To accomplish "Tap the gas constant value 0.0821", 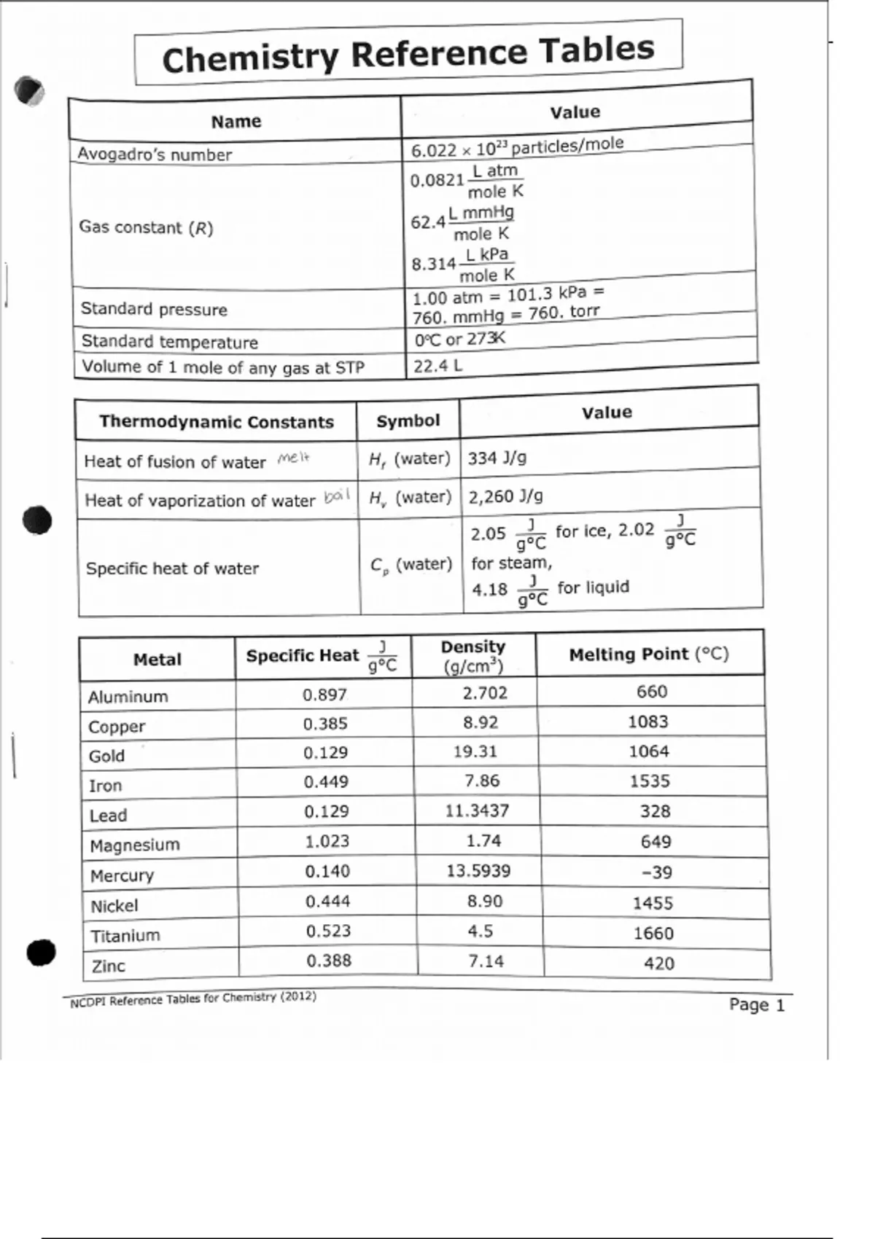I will pos(437,180).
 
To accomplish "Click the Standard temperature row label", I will pos(169,342).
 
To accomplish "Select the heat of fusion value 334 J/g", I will pos(497,458).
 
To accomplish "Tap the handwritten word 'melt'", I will pos(293,458).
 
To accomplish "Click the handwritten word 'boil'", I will pos(337,496).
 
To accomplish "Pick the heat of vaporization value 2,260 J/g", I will pos(505,496).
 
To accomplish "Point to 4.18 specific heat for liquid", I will pos(489,589).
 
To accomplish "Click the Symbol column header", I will pos(408,421).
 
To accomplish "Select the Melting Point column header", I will pos(648,654).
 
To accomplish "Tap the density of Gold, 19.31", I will pos(475,751).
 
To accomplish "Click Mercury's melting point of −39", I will pos(656,872).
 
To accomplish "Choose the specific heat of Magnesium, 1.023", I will pos(327,841).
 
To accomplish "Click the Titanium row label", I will pos(125,936).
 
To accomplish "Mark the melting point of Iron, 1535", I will pos(649,781).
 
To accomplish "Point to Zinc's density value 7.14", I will pos(486,961).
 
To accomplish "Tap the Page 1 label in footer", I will pos(756,1005).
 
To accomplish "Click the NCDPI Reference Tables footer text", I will pos(193,999).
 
